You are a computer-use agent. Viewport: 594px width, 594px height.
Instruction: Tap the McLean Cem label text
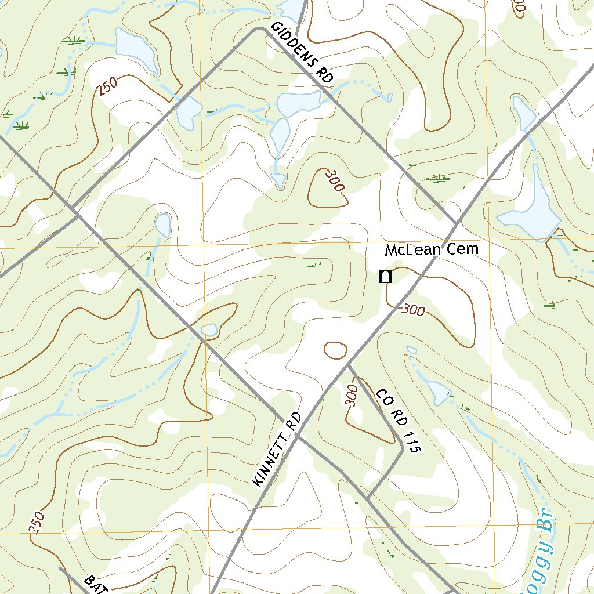coord(432,250)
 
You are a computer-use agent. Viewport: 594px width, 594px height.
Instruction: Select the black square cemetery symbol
coord(385,277)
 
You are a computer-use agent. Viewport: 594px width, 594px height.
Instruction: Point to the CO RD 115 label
coord(397,421)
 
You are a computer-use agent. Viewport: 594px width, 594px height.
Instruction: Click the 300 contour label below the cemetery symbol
coord(413,310)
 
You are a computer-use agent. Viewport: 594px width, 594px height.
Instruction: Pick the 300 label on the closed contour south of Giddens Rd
coord(335,180)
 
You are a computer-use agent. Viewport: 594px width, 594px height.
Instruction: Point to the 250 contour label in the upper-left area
coord(107,87)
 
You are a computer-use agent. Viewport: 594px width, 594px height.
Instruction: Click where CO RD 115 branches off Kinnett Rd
coord(347,365)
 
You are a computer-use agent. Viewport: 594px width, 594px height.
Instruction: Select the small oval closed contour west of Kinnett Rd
coord(335,350)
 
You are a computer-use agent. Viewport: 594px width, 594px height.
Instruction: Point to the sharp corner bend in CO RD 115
coord(403,447)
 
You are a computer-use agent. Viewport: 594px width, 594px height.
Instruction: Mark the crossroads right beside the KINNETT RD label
coord(302,436)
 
